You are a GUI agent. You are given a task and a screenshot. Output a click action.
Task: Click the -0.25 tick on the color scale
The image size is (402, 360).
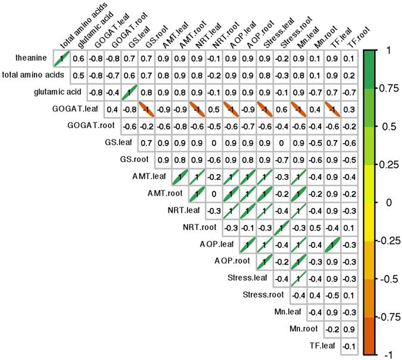click(390, 240)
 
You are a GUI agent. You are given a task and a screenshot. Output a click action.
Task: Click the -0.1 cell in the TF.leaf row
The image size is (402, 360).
click(351, 345)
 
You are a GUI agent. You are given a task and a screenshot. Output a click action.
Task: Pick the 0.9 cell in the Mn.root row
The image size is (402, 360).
click(351, 328)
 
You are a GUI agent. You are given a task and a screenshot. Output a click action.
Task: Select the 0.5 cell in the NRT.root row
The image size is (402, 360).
click(317, 227)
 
